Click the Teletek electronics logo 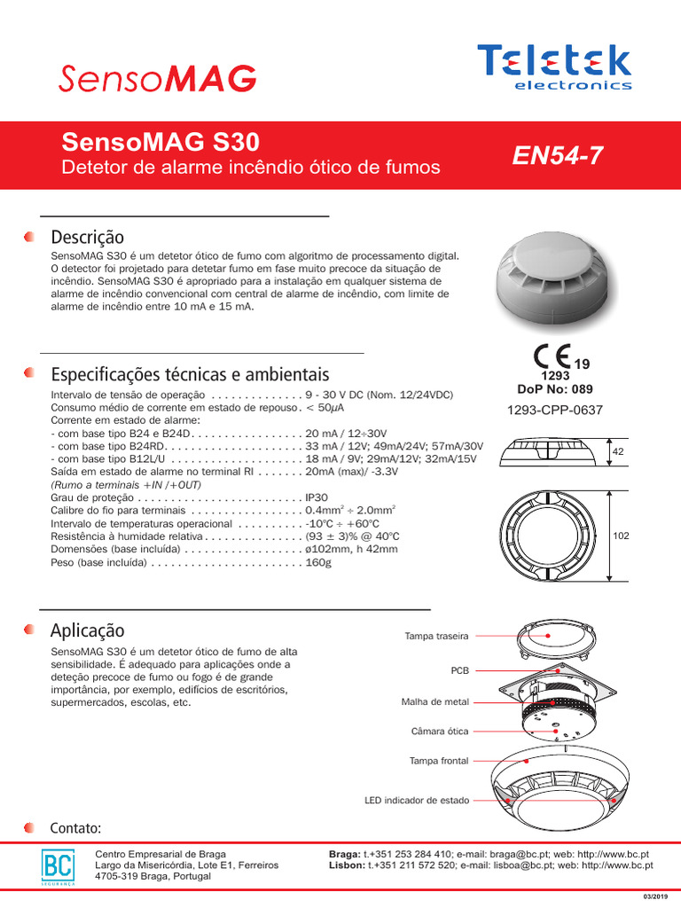click(555, 66)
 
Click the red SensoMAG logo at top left click(158, 78)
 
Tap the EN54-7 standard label click(558, 155)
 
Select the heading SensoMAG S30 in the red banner click(160, 142)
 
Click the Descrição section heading click(88, 238)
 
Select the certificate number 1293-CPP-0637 click(555, 410)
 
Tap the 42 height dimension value click(618, 452)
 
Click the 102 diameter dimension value click(621, 536)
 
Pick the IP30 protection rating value click(317, 498)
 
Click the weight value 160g click(317, 562)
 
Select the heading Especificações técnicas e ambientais click(190, 374)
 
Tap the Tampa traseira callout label click(436, 636)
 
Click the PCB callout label click(459, 670)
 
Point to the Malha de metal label click(434, 702)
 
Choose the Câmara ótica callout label click(440, 732)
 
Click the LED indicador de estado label click(417, 800)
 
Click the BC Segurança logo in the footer click(59, 866)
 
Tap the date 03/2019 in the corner click(654, 897)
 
